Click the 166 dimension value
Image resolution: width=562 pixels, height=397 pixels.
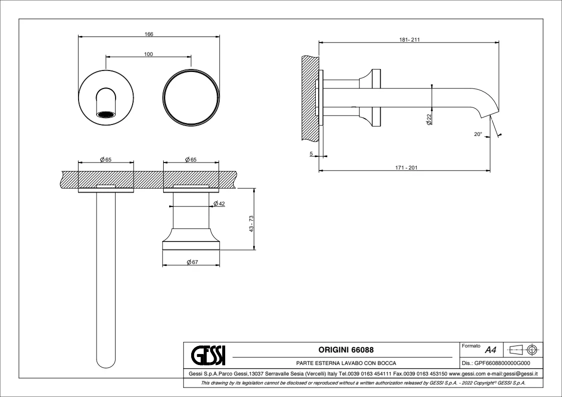[148, 34]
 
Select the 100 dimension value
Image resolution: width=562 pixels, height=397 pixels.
[148, 54]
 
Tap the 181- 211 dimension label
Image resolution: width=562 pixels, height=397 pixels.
[409, 39]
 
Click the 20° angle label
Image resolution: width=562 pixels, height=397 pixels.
[478, 134]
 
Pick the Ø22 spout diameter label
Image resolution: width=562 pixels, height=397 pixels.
[429, 119]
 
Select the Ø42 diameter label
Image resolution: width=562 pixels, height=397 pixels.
[218, 203]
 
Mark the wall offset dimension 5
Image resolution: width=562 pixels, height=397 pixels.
[311, 154]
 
